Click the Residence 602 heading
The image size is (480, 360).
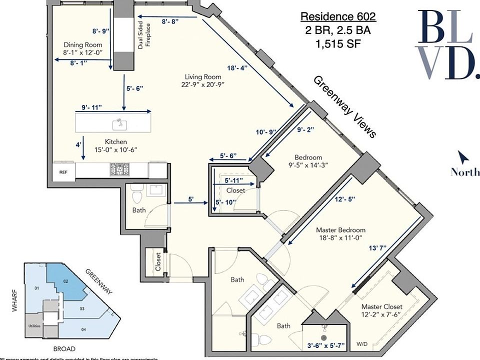coord(337,16)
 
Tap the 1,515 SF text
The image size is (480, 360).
coord(337,43)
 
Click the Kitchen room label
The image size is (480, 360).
coord(115,141)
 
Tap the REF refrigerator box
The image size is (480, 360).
coord(63,171)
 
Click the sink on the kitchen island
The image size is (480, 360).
coord(119,122)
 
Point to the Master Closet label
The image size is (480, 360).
coord(383,306)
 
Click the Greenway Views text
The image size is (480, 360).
coord(344,106)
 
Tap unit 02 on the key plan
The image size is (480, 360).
coord(65,281)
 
